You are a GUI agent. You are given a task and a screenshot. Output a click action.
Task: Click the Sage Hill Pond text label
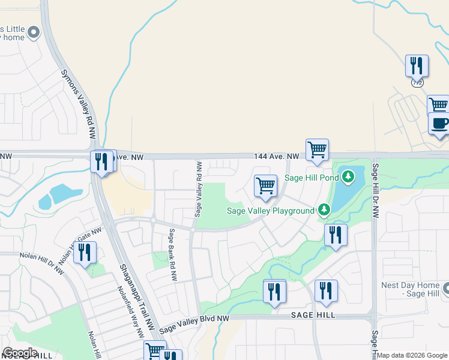[x=312, y=178]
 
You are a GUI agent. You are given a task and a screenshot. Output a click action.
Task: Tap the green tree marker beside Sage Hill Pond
[x=348, y=177]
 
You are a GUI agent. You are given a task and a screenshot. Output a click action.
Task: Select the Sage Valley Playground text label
[x=270, y=211]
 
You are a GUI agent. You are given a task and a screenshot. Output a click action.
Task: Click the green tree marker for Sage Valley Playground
[x=324, y=209]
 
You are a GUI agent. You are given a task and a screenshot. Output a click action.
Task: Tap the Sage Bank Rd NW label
[x=172, y=255]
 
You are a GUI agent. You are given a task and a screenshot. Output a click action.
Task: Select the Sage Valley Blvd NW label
[x=194, y=323]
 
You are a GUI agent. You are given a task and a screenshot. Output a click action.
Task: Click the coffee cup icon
[x=439, y=124]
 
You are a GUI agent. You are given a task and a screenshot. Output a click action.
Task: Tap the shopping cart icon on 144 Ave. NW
[x=316, y=149]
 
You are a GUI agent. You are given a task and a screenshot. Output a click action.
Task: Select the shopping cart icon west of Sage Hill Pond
[x=265, y=185]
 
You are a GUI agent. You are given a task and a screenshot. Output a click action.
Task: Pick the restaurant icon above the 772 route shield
[x=417, y=65]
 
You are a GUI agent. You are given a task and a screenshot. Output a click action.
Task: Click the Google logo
[x=20, y=353]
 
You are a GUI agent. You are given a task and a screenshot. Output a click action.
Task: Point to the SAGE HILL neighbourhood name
[x=312, y=315]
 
